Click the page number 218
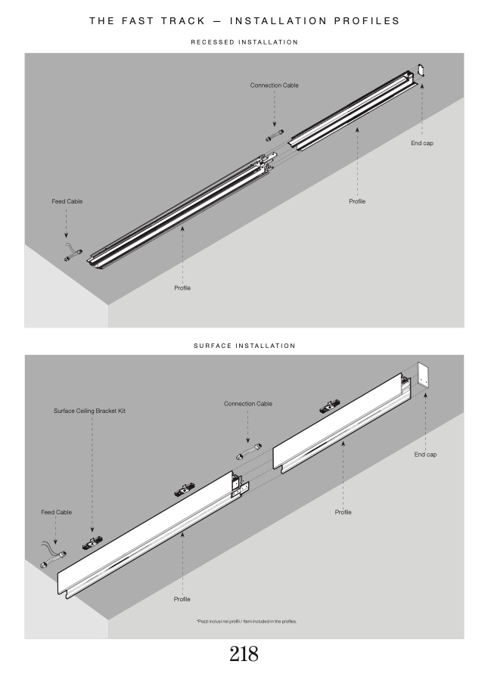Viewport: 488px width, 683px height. [244, 654]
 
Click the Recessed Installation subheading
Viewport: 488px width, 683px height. [244, 42]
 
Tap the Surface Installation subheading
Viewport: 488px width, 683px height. [244, 346]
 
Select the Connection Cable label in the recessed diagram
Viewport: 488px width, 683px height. [274, 85]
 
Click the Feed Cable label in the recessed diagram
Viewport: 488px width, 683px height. [67, 201]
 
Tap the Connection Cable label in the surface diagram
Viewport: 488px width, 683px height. [247, 404]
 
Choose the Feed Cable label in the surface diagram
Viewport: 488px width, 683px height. [57, 512]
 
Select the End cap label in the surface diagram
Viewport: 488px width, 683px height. [425, 455]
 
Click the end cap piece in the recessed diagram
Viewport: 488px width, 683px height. [422, 70]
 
